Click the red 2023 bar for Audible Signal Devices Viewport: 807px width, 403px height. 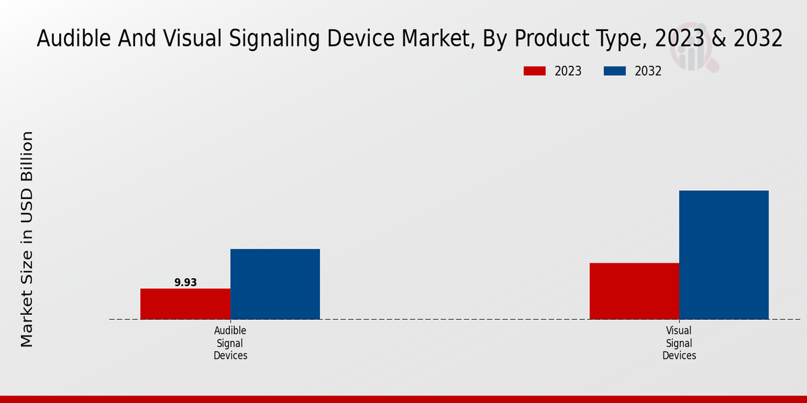(x=185, y=304)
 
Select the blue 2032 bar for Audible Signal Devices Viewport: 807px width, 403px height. (x=275, y=283)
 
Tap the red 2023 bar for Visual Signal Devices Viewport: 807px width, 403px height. (x=634, y=290)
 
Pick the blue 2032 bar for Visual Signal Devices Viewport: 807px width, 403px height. (x=724, y=255)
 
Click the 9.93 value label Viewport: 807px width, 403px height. (x=186, y=283)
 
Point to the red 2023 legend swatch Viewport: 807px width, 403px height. (x=535, y=71)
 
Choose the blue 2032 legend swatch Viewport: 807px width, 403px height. (x=615, y=71)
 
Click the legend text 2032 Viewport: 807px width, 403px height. (x=648, y=71)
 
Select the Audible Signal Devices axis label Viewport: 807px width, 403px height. (x=231, y=343)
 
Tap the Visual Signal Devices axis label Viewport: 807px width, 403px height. (x=679, y=343)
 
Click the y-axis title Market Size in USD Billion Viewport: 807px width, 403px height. (x=27, y=238)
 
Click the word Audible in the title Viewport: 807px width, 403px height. (x=74, y=39)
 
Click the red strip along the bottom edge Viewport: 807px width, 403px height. (x=403, y=399)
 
